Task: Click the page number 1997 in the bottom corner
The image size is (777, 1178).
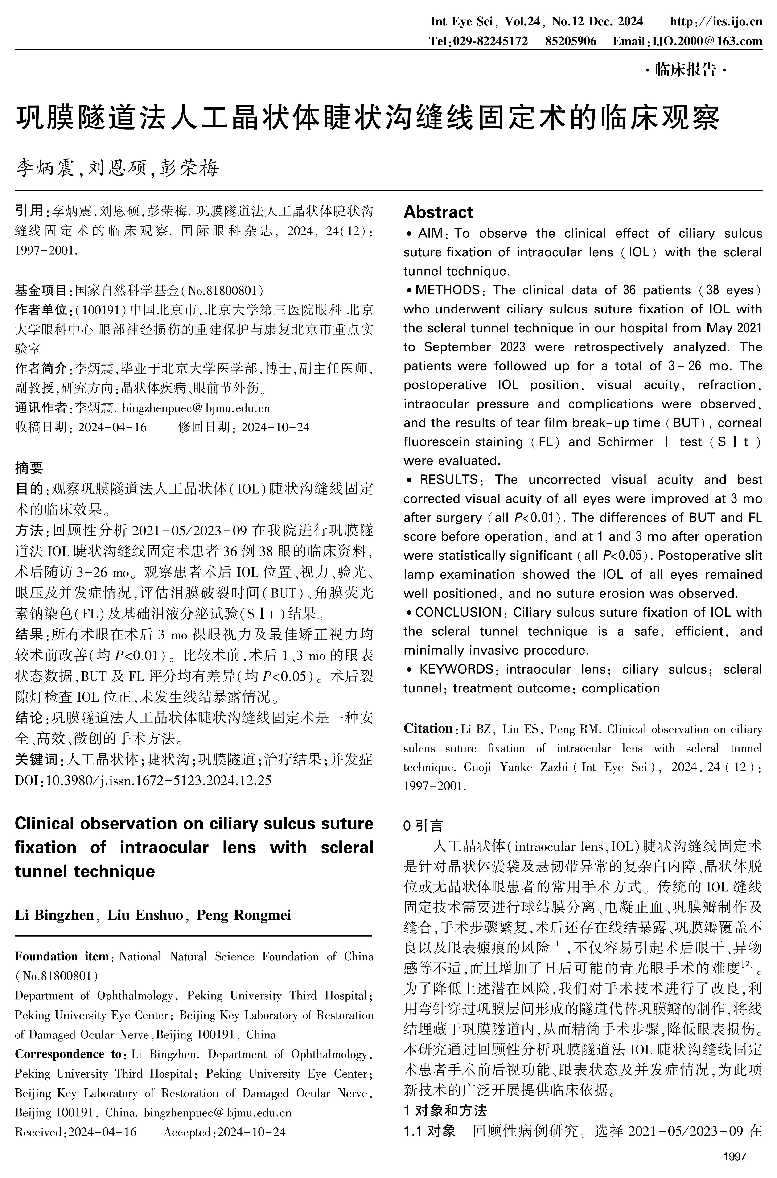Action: pos(734,1157)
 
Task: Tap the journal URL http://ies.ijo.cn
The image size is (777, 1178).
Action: pos(715,21)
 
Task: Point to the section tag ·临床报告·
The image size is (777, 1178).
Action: pos(685,70)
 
